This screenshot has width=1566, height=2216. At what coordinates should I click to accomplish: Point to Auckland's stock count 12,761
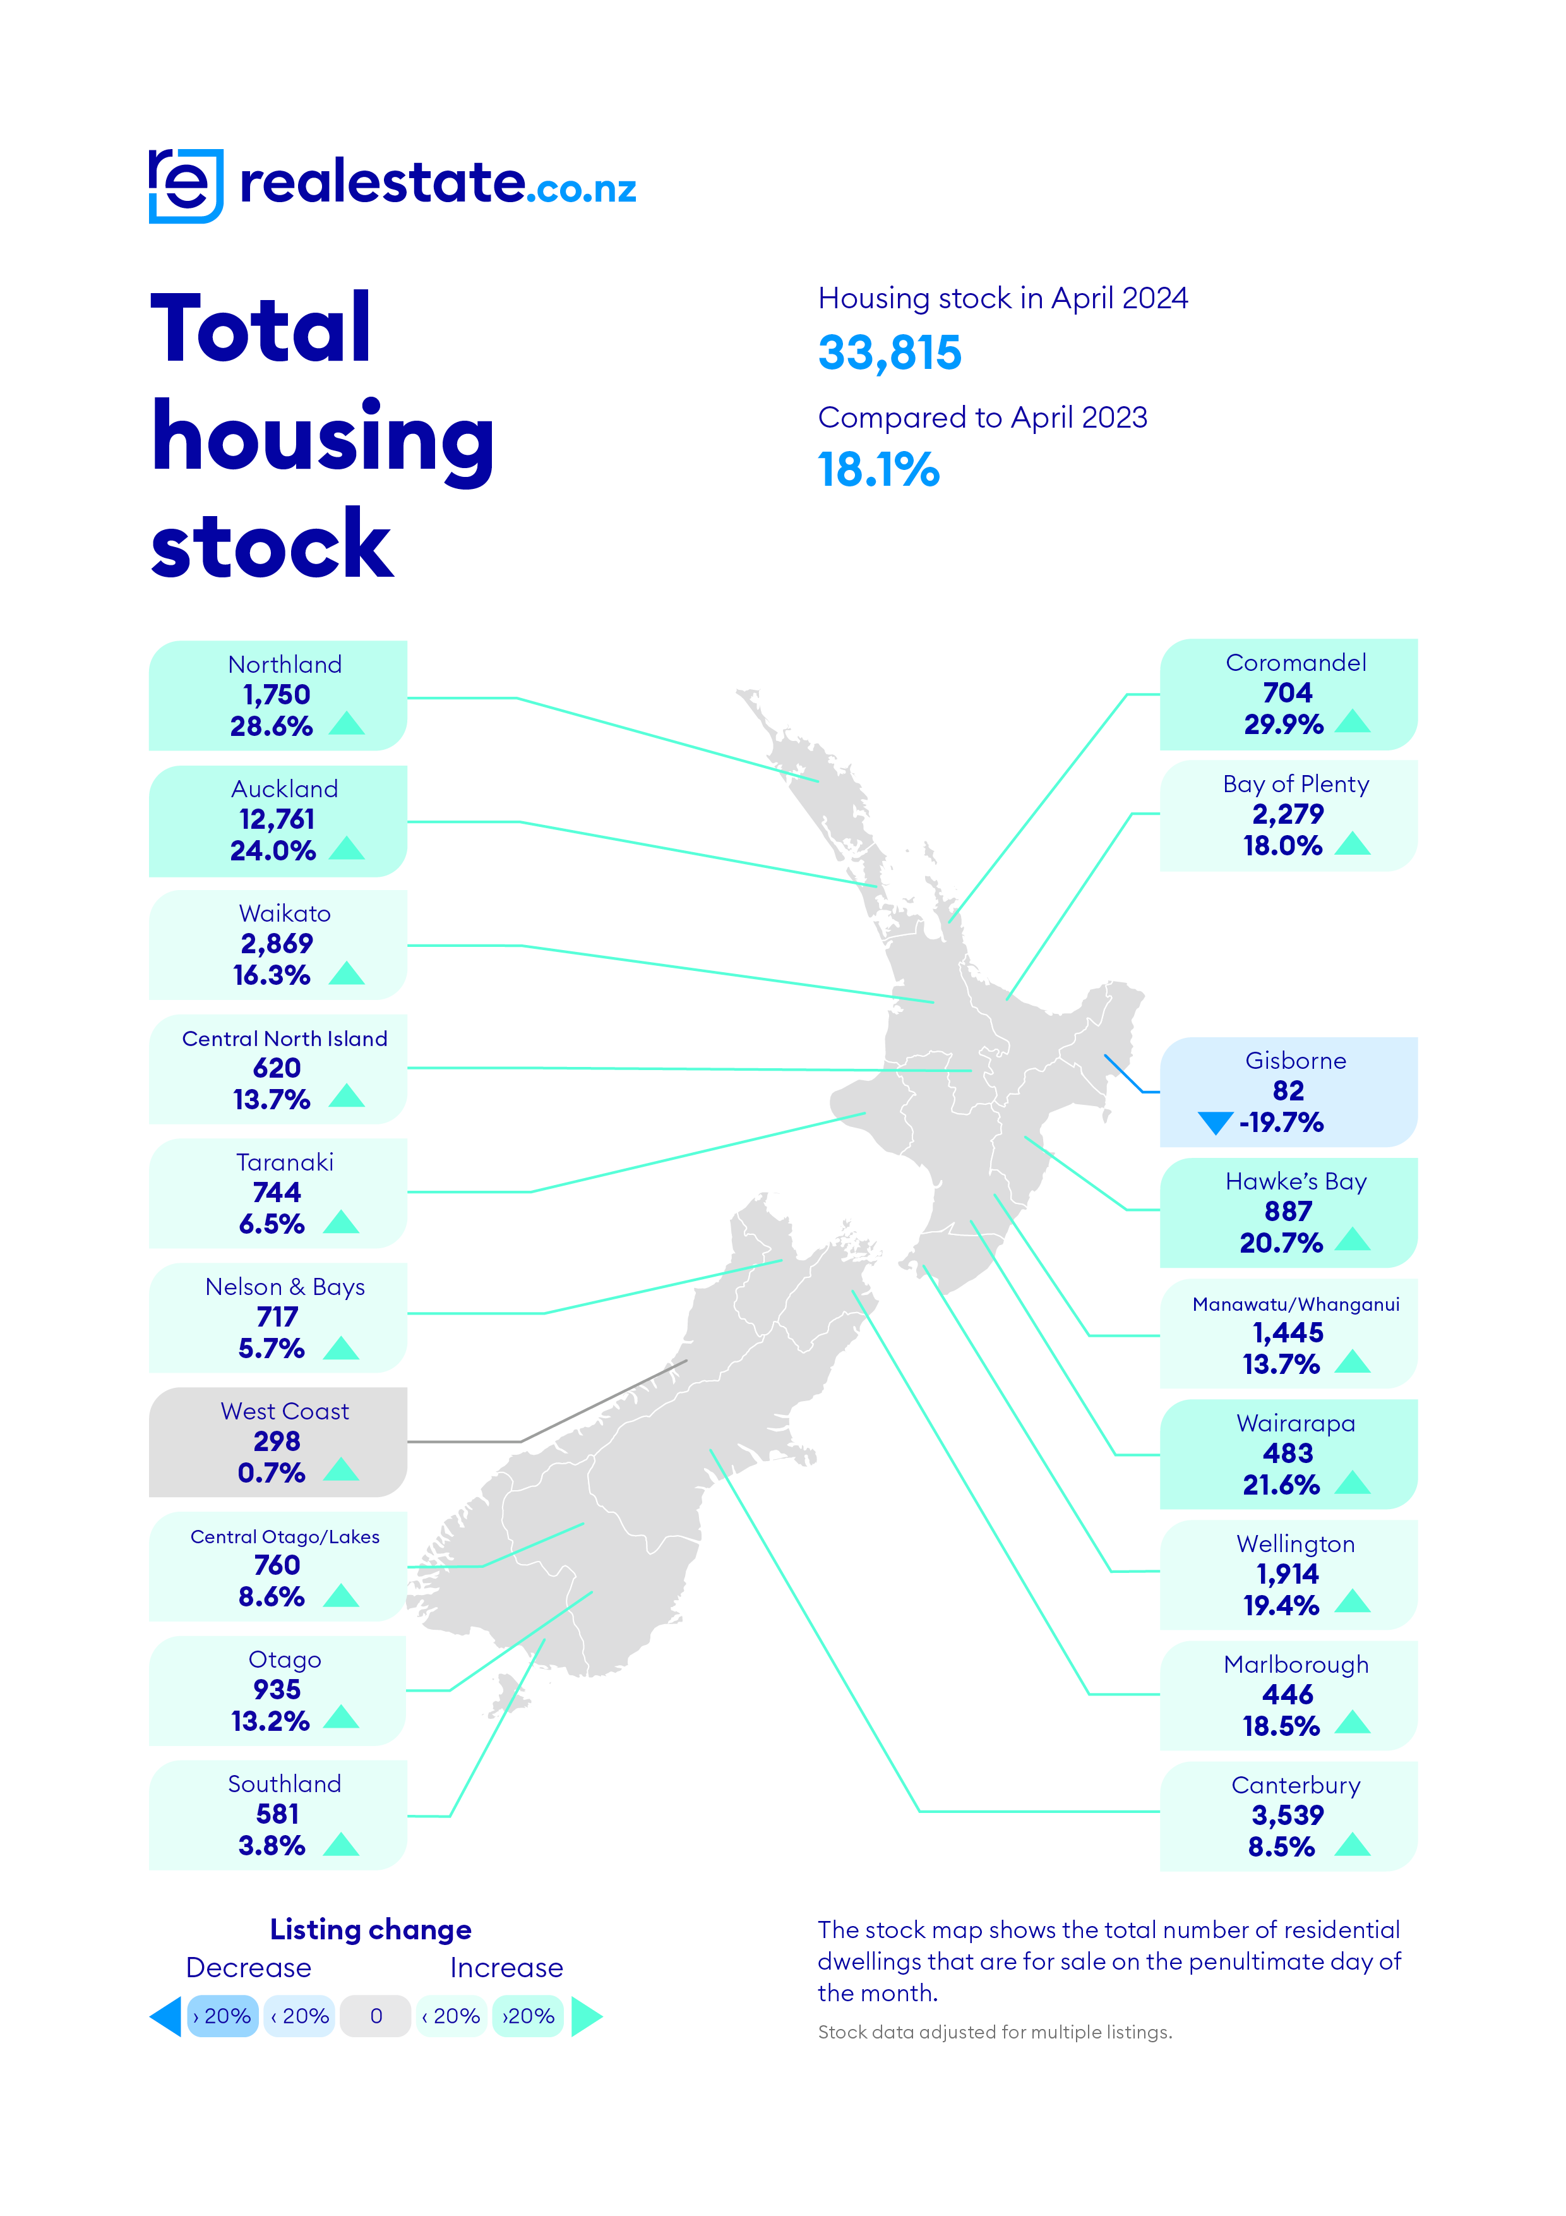coord(277,819)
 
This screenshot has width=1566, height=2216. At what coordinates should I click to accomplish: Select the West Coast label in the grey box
coord(285,1411)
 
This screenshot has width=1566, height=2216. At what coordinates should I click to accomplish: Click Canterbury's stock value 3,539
coord(1287,1816)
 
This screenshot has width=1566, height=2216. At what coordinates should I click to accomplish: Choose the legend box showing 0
coord(376,2016)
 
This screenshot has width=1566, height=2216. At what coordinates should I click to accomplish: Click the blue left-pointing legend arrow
coord(166,2016)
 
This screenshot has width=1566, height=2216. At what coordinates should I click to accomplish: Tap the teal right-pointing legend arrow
coord(586,2016)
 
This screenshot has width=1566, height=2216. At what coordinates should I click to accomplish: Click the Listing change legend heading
coord(371,1929)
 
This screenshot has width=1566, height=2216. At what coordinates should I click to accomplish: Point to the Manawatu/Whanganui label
coord(1296,1304)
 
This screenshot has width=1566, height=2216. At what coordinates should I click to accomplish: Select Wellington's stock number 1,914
coord(1287,1574)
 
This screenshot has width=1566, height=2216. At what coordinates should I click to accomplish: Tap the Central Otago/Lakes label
coord(285,1536)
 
